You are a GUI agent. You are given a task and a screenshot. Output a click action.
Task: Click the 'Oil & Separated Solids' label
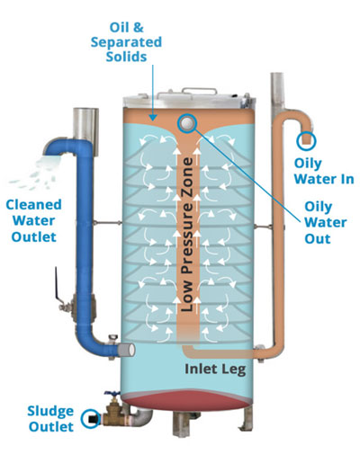[x=126, y=42]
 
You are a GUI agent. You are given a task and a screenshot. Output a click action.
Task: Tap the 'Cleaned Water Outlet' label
[x=33, y=220]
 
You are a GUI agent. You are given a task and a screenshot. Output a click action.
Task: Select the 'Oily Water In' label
[x=324, y=171]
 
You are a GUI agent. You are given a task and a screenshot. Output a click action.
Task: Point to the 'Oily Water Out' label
[x=326, y=222]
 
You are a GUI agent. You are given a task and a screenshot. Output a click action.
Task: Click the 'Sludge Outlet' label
[x=50, y=419]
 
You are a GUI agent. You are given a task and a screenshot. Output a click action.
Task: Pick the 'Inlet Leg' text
[x=215, y=369]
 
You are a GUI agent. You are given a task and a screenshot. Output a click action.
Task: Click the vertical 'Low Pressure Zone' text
[x=187, y=235]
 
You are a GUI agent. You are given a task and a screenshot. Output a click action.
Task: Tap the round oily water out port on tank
[x=187, y=123]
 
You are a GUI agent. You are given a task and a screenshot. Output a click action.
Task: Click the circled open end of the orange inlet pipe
[x=306, y=140]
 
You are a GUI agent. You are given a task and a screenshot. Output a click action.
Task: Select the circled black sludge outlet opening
[x=91, y=418]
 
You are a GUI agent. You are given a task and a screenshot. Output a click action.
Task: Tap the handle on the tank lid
[x=199, y=91]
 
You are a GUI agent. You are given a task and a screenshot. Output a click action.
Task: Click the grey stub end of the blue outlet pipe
[x=126, y=350]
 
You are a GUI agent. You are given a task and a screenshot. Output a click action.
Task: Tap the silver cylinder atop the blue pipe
[x=85, y=131]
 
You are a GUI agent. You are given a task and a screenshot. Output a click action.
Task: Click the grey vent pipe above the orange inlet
[x=277, y=96]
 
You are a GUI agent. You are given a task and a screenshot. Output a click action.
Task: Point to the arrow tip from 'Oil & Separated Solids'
[x=153, y=120]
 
